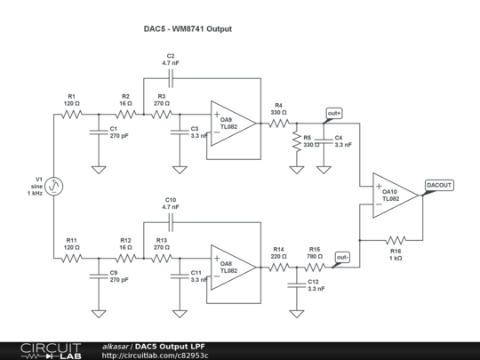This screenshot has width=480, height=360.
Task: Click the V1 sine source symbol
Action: (54, 186)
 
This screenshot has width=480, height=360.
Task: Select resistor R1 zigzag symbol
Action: (72, 115)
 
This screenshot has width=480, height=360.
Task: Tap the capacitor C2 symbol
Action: (171, 78)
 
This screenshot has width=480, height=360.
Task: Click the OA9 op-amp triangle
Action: (233, 124)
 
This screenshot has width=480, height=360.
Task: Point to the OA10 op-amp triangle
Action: (396, 196)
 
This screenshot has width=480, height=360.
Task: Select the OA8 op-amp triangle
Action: (233, 268)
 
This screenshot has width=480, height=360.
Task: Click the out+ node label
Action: (334, 113)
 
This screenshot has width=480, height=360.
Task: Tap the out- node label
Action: (342, 257)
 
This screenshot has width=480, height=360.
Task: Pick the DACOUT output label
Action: (439, 185)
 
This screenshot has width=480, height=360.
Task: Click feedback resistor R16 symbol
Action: (396, 240)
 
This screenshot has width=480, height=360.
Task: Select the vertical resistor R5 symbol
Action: (297, 141)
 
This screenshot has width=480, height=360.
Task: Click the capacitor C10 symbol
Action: (171, 222)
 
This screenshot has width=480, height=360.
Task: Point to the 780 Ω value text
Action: (315, 256)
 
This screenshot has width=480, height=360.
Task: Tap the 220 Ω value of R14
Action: (278, 256)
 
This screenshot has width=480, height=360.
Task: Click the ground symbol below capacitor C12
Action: (297, 314)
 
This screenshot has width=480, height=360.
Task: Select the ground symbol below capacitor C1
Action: (99, 170)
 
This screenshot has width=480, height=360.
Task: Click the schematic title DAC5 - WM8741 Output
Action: (188, 29)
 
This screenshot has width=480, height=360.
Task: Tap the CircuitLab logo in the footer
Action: (51, 351)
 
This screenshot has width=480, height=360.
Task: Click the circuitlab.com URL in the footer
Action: (155, 356)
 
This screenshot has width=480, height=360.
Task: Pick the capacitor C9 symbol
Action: (99, 276)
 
